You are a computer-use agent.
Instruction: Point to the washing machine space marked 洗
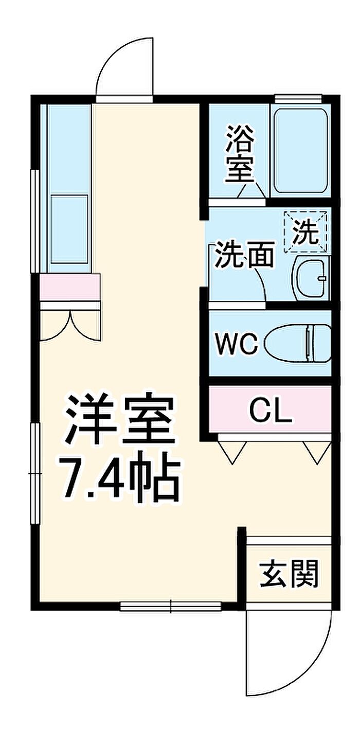tap(305, 232)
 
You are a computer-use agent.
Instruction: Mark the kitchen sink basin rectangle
tap(69, 229)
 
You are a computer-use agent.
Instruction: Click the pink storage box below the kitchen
tap(70, 287)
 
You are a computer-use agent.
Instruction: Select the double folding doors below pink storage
tap(70, 325)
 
